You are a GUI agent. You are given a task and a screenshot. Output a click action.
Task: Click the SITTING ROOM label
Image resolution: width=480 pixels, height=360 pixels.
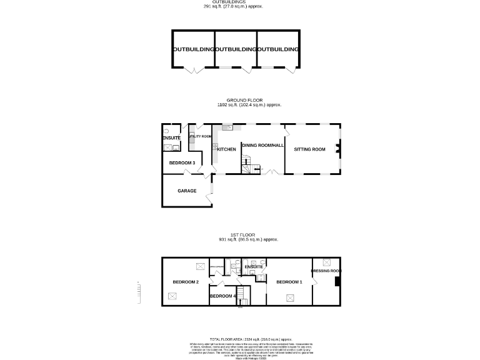[x=310, y=149]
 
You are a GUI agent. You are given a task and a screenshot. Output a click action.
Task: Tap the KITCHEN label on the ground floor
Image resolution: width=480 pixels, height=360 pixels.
[x=226, y=149]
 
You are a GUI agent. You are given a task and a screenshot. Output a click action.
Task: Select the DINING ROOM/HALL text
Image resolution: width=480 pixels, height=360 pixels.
[x=263, y=145]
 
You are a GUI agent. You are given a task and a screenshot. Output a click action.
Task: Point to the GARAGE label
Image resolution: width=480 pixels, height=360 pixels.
[x=187, y=191]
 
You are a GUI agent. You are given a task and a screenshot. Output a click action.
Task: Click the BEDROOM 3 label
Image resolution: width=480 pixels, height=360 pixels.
[x=182, y=163]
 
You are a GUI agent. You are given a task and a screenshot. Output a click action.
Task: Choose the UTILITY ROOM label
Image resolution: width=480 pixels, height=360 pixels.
[x=200, y=136]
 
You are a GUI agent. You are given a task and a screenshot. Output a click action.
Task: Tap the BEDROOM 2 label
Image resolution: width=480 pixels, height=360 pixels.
[x=186, y=282]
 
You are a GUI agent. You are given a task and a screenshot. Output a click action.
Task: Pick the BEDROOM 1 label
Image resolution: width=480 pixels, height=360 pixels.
[x=289, y=282]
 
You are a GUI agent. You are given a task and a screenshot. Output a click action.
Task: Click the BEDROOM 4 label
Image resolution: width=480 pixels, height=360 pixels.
[x=222, y=296]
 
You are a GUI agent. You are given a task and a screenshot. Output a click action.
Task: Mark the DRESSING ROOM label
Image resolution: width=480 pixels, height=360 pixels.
[x=326, y=271]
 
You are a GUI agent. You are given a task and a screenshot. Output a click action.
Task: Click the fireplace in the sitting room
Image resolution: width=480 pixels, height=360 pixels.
[x=337, y=149]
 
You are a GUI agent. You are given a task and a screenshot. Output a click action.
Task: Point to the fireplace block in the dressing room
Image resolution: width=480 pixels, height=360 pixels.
[x=337, y=281]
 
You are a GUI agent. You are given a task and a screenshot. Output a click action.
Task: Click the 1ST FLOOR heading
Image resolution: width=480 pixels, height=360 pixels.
[x=239, y=235]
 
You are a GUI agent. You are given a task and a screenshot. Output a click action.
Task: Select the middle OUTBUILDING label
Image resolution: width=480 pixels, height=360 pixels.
[x=236, y=49]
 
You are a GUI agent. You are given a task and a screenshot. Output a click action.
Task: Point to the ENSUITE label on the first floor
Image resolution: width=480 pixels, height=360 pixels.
[x=254, y=267]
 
